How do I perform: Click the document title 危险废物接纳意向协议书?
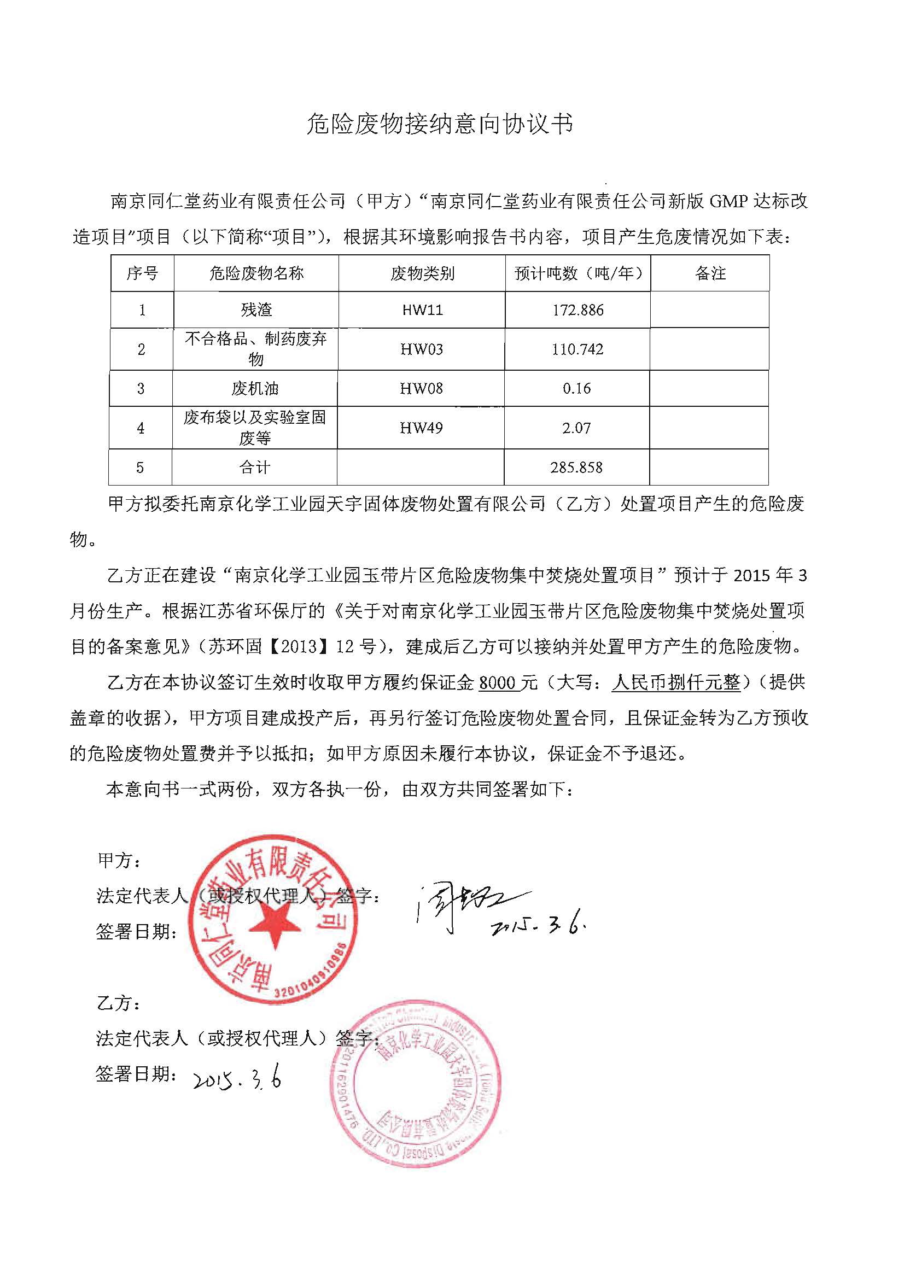point(440,124)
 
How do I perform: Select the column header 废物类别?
point(422,273)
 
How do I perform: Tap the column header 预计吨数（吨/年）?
point(577,273)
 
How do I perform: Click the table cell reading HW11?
point(422,309)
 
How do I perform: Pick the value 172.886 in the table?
point(577,309)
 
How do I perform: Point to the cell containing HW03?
point(422,349)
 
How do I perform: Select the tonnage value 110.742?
point(577,349)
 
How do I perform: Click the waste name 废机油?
point(255,388)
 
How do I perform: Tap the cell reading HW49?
point(422,428)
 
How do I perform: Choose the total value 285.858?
point(576,467)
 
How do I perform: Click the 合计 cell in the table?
point(255,467)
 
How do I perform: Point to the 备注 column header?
point(710,273)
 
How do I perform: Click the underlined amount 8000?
point(497,683)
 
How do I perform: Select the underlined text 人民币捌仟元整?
point(676,683)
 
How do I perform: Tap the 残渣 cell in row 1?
point(256,309)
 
